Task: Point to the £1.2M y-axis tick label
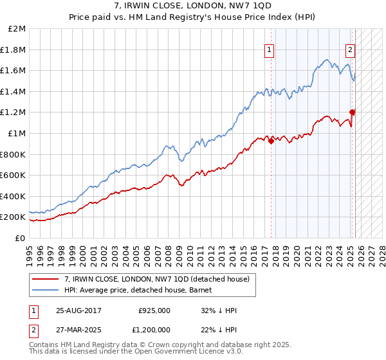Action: pos(14,113)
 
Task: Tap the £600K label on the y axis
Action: pos(14,175)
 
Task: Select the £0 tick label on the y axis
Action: pos(21,238)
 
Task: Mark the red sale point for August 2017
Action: pos(271,141)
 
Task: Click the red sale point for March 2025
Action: pos(353,113)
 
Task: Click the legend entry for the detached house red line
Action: pos(161,278)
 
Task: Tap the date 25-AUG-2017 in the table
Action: pos(78,310)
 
